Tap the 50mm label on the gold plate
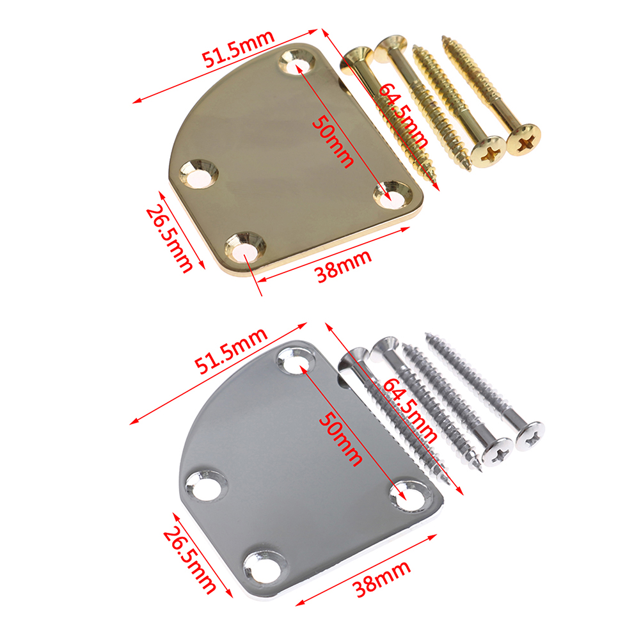click(x=333, y=141)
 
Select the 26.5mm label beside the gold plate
click(x=169, y=239)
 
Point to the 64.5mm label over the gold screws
click(x=402, y=116)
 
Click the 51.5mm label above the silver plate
click(x=231, y=351)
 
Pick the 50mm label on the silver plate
click(x=340, y=439)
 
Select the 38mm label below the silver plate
click(x=381, y=580)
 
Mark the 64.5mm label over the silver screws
click(x=409, y=411)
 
